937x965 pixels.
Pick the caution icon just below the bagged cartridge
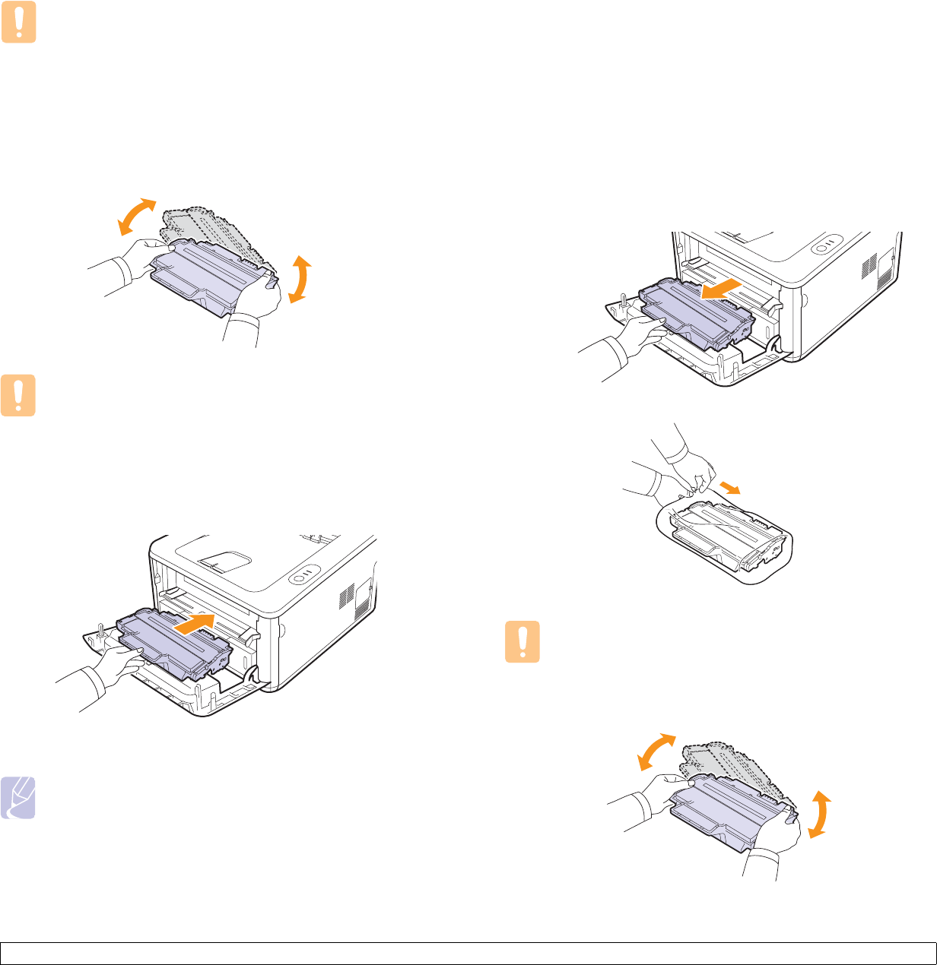tap(522, 643)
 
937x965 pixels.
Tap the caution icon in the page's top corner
tap(18, 24)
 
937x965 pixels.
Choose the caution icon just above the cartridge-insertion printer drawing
tap(18, 397)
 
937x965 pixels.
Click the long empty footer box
tap(468, 954)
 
